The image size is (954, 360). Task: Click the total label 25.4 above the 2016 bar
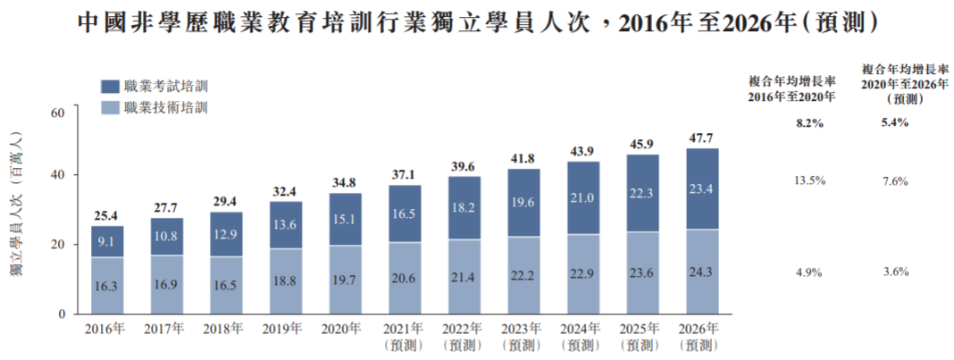[x=107, y=215]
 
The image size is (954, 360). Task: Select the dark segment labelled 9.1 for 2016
[x=107, y=241]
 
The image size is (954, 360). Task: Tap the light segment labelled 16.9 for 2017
[x=166, y=285]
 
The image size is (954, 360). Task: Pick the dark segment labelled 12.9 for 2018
[x=226, y=234]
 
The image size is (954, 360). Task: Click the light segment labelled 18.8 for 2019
[x=286, y=281]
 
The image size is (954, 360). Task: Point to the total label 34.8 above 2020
[x=345, y=183]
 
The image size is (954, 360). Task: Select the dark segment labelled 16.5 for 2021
[x=405, y=213]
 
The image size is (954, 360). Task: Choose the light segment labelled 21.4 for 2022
[x=464, y=277]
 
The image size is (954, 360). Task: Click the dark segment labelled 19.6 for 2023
[x=523, y=203]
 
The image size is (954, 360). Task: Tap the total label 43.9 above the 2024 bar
[x=583, y=152]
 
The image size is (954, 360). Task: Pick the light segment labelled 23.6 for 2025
[x=643, y=273]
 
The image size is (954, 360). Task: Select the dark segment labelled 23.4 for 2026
[x=702, y=188]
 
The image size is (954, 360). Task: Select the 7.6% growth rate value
[x=894, y=181]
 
